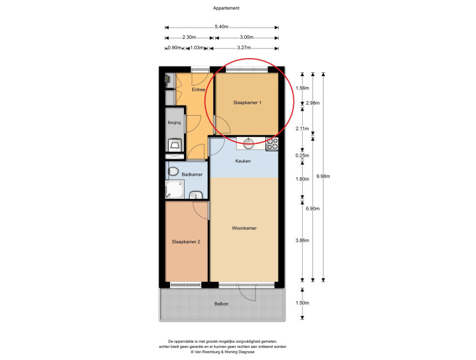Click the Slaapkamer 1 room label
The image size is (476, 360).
pyautogui.click(x=247, y=103)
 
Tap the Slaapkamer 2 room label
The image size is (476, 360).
pyautogui.click(x=186, y=242)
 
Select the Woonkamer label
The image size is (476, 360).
pyautogui.click(x=244, y=228)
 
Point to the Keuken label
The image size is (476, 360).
pyautogui.click(x=243, y=161)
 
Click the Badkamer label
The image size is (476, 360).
pyautogui.click(x=192, y=175)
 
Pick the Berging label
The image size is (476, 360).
pyautogui.click(x=174, y=123)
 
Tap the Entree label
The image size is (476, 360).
pyautogui.click(x=199, y=90)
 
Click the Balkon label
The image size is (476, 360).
pyautogui.click(x=221, y=304)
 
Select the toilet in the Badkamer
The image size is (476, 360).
pyautogui.click(x=173, y=171)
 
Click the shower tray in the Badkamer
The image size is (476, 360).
pyautogui.click(x=174, y=189)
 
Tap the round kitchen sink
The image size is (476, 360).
pyautogui.click(x=249, y=143)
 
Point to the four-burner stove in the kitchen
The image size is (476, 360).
pyautogui.click(x=272, y=144)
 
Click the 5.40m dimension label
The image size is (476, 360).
pyautogui.click(x=222, y=27)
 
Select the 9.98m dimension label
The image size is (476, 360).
pyautogui.click(x=323, y=176)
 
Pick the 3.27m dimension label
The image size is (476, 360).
pyautogui.click(x=244, y=48)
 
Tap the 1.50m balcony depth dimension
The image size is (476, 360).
pyautogui.click(x=302, y=303)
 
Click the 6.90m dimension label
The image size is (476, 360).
pyautogui.click(x=312, y=208)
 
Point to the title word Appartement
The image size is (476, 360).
pyautogui.click(x=226, y=8)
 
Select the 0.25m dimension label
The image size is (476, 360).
pyautogui.click(x=302, y=155)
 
